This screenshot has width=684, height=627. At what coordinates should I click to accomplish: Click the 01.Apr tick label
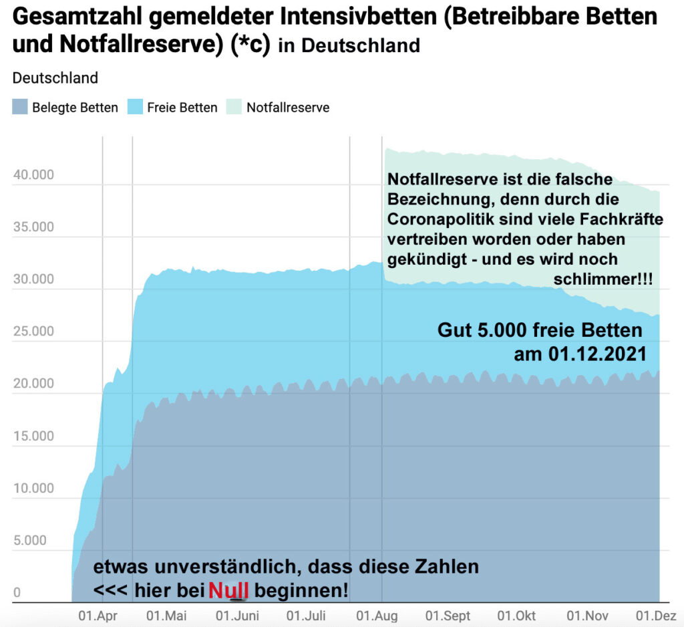click(98, 616)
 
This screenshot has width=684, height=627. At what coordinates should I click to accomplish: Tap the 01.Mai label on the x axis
click(166, 616)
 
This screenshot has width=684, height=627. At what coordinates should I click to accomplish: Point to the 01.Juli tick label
click(306, 616)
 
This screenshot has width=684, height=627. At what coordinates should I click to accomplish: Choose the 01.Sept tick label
click(448, 616)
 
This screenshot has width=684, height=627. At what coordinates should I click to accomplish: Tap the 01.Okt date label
click(516, 616)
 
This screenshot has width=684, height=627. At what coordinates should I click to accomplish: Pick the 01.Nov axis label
click(587, 616)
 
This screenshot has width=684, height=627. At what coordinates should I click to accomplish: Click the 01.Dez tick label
click(656, 616)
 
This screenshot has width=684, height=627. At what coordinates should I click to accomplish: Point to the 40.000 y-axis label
click(33, 175)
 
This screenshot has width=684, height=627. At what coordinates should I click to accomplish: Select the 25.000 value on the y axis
click(33, 332)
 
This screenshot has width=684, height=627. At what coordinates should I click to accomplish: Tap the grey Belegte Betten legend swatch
click(20, 107)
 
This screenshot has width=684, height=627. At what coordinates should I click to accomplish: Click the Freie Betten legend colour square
click(135, 107)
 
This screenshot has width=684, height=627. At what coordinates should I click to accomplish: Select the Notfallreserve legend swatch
click(234, 107)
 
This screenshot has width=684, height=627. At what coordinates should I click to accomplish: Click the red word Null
click(228, 590)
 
